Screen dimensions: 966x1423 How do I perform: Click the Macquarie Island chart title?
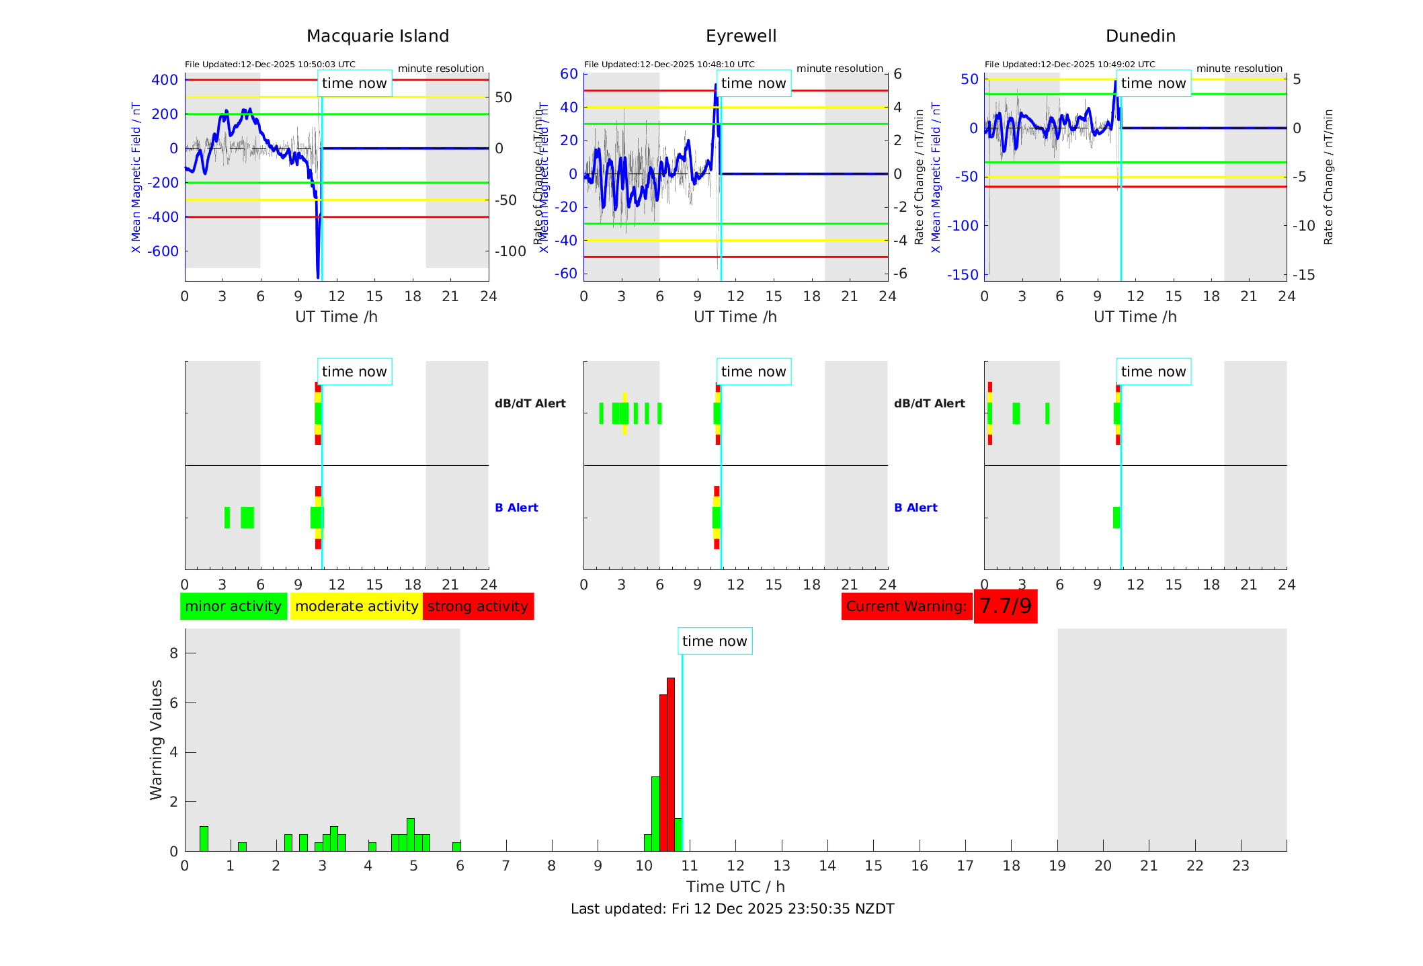point(378,36)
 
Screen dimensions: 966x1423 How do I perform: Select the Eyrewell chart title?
point(741,36)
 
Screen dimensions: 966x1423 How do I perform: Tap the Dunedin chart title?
point(1140,36)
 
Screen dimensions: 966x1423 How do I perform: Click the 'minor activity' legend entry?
point(233,606)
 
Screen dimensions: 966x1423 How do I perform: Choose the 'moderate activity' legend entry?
point(356,606)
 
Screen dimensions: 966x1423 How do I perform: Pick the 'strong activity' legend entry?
point(478,606)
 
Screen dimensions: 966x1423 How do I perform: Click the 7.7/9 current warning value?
point(1005,606)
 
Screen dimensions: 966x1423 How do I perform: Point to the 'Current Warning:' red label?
point(906,606)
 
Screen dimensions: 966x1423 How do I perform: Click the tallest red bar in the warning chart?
point(671,764)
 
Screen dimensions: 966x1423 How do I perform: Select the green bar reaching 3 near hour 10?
point(655,813)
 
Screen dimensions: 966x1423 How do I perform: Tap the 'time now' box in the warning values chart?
point(715,641)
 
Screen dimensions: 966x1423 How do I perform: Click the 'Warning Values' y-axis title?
point(157,739)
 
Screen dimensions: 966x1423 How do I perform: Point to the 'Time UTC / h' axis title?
point(735,887)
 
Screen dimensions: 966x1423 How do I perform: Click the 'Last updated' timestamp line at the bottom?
point(732,909)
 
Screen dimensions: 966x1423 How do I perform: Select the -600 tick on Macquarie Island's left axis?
point(163,251)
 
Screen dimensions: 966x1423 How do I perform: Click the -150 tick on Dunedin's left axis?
point(963,274)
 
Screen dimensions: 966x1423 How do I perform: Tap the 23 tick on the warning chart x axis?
point(1240,866)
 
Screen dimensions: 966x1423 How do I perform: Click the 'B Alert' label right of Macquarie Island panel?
point(516,508)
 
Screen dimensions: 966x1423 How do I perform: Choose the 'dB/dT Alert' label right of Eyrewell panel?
point(929,403)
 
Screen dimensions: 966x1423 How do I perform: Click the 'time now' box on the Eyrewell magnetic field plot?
point(753,83)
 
